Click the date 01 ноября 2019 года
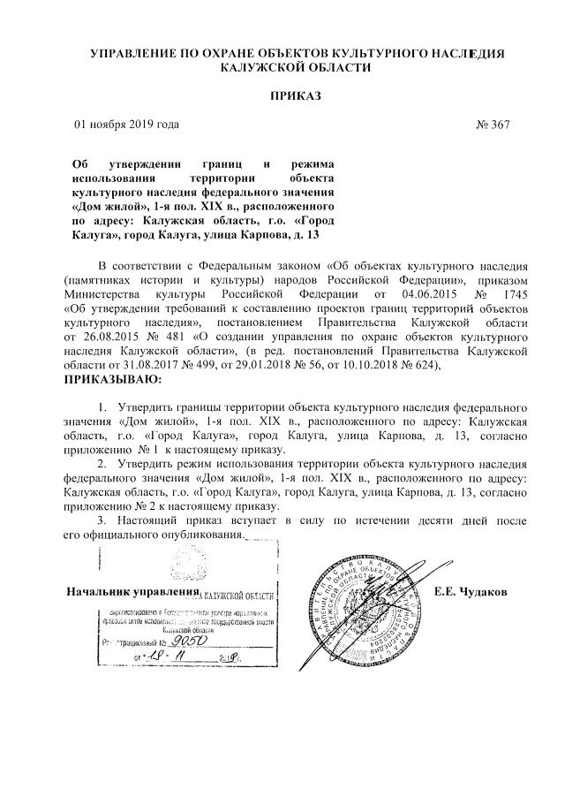pyautogui.click(x=126, y=125)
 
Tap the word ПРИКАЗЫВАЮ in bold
pyautogui.click(x=114, y=379)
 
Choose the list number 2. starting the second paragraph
pyautogui.click(x=102, y=462)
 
